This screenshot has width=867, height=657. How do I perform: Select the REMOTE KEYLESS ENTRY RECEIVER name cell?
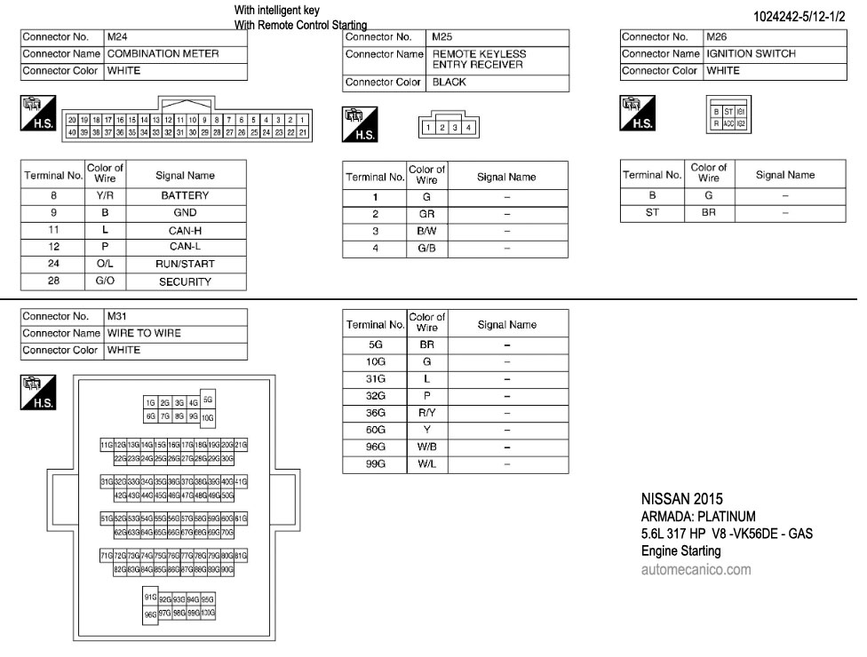point(479,59)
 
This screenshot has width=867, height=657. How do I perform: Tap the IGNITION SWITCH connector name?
point(751,54)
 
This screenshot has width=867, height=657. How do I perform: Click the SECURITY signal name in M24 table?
point(185,282)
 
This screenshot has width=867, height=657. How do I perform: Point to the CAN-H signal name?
point(185,231)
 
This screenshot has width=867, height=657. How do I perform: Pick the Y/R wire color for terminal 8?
point(105,195)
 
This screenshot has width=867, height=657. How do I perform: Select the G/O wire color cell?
point(105,281)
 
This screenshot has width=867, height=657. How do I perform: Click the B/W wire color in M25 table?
point(426,231)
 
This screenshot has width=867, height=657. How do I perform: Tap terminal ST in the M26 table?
point(652,213)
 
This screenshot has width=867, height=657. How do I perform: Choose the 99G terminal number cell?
point(375,463)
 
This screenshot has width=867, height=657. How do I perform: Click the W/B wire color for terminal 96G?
point(426,447)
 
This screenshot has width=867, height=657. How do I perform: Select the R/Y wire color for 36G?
point(426,413)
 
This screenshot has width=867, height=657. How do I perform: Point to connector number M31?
point(117,316)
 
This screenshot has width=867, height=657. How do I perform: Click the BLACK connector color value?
point(449,83)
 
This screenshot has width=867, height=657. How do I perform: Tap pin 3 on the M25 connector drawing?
point(453,128)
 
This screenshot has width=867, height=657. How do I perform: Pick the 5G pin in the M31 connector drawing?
point(208,399)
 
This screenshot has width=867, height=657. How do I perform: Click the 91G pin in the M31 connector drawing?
point(150,597)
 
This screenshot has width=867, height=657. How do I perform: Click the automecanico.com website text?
point(696,570)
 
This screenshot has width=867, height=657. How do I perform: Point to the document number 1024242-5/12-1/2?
point(799,17)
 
